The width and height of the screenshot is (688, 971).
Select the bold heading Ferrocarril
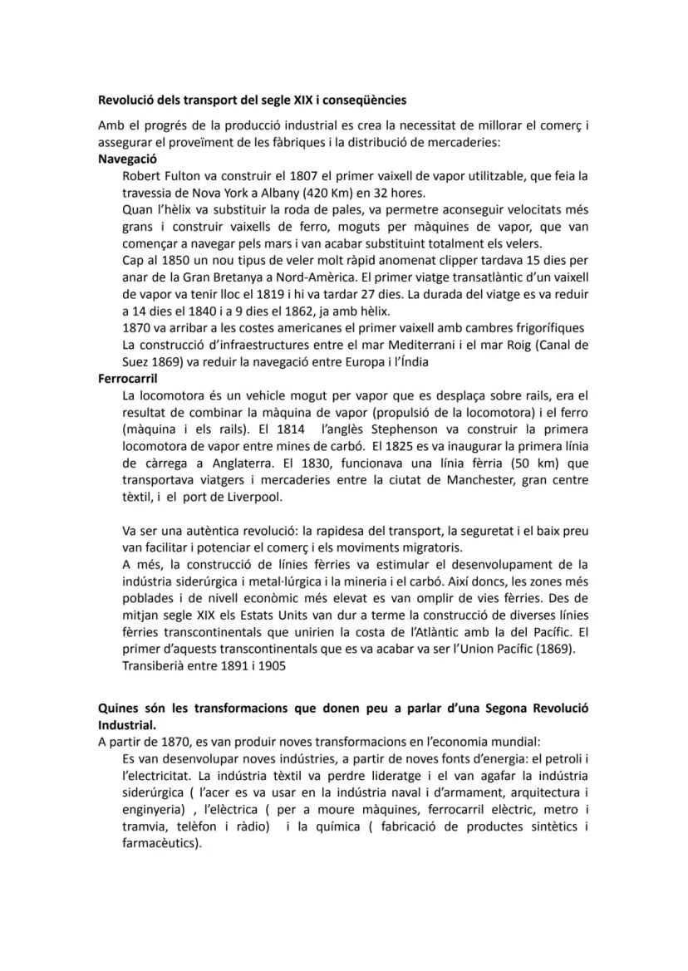[x=127, y=378]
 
